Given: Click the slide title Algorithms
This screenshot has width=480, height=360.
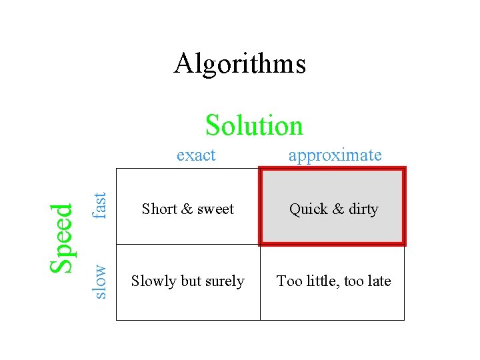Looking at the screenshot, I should point(240,64).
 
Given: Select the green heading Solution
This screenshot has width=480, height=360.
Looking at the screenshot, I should point(254,125).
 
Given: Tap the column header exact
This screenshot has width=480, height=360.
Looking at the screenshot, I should point(196,155).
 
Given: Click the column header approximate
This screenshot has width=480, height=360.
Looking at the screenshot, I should point(335,155).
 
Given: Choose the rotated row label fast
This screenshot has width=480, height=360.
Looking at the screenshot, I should point(99,205).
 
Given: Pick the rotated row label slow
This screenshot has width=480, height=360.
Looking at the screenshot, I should point(99,281).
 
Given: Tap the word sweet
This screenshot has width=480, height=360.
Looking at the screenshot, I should point(214,209).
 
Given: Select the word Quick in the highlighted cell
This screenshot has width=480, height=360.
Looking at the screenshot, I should point(308,209).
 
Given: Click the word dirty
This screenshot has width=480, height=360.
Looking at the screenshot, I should point(363,209).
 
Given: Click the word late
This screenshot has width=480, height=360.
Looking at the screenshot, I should point(379,281).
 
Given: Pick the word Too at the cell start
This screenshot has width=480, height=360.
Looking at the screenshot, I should point(289,281).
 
